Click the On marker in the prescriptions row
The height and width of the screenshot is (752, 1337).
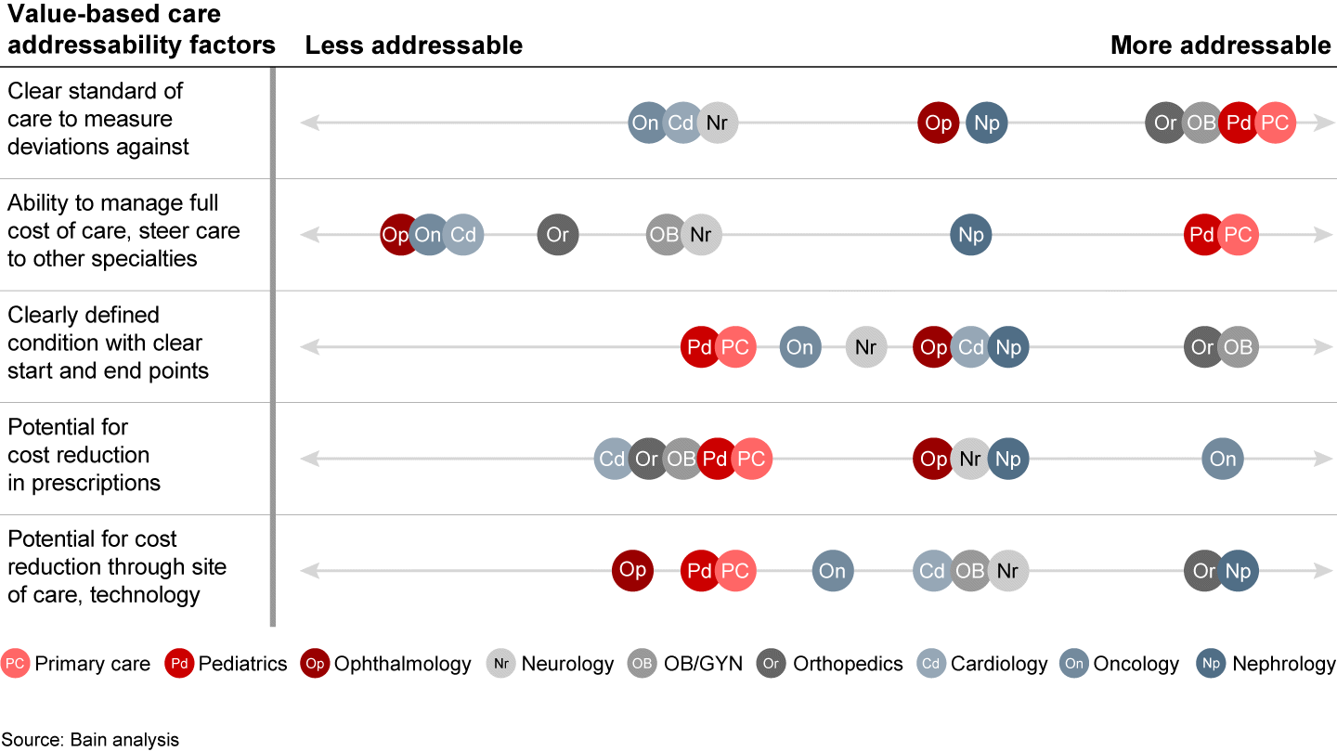click(1223, 459)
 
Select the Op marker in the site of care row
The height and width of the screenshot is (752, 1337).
click(632, 570)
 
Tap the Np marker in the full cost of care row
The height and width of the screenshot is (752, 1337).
click(971, 235)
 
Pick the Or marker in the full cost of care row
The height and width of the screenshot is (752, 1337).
click(557, 235)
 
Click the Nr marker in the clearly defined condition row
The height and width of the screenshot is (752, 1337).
click(865, 347)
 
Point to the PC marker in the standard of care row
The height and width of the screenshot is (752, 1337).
click(1275, 123)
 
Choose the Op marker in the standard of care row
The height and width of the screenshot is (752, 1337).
click(939, 123)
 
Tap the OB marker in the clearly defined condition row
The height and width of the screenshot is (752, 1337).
click(1238, 347)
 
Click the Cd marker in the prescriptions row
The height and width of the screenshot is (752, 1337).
click(613, 459)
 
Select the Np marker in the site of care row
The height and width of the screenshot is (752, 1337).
click(1238, 571)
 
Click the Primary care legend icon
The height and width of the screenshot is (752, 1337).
click(15, 664)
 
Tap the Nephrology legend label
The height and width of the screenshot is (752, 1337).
click(1284, 664)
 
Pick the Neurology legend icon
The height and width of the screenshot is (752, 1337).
click(501, 664)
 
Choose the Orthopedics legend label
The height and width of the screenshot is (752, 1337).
click(848, 664)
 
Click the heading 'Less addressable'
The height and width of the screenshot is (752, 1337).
click(414, 45)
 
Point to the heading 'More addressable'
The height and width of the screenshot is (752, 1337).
click(1220, 45)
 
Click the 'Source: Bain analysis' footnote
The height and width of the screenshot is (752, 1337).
click(90, 740)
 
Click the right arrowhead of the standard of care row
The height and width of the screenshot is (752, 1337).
click(1324, 123)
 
